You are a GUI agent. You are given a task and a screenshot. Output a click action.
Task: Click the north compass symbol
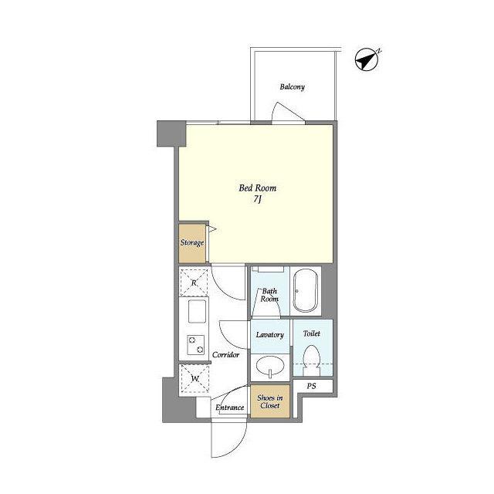click(367, 59)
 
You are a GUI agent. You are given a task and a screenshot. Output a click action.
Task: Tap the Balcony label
click(293, 86)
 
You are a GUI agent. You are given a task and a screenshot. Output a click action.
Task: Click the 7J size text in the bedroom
click(258, 199)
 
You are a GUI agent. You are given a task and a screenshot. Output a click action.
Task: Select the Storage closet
click(192, 243)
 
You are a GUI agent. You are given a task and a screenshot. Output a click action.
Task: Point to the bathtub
click(306, 290)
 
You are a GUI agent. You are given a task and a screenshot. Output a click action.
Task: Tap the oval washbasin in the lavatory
click(270, 366)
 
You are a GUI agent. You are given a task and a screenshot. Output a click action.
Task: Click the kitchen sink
click(197, 311)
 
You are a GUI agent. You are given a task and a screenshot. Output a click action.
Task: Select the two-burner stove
click(195, 345)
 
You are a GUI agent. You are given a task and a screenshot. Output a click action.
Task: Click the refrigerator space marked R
click(194, 283)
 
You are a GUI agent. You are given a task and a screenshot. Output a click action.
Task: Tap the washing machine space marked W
click(195, 378)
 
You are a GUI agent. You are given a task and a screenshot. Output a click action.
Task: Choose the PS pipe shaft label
click(311, 386)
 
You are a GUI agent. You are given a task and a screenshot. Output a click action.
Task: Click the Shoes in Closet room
click(270, 401)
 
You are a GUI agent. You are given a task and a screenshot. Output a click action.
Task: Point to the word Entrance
click(230, 408)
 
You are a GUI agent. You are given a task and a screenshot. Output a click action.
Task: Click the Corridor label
click(225, 355)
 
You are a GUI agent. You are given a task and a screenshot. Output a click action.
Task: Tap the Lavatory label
click(270, 334)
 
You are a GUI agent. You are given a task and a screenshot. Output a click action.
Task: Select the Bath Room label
click(269, 295)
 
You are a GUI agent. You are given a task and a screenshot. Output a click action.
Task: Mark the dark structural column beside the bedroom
click(171, 134)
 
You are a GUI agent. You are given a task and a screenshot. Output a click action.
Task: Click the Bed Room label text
click(258, 188)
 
